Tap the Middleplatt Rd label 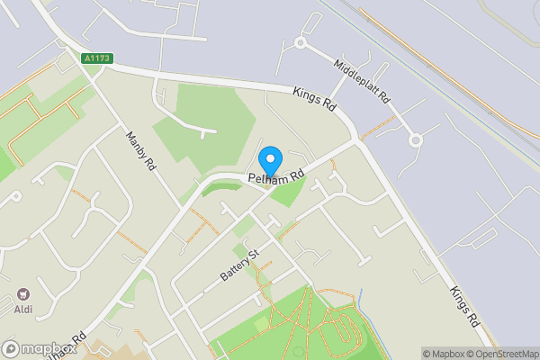(x=362, y=80)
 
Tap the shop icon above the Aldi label (x=23, y=294)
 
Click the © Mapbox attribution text (x=446, y=354)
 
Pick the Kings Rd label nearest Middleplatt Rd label (x=314, y=99)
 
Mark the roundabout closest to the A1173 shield (x=301, y=42)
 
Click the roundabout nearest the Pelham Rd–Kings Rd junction (x=416, y=140)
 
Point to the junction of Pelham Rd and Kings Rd (x=358, y=140)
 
